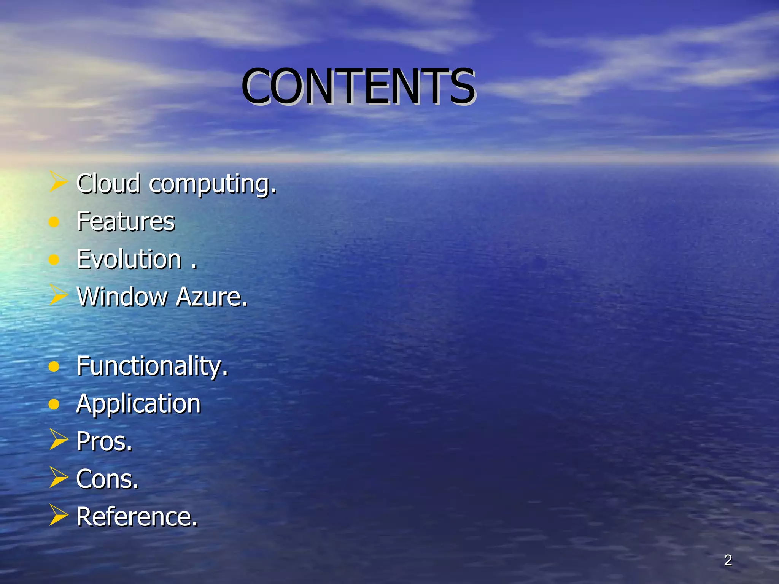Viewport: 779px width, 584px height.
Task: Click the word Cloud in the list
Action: tap(108, 183)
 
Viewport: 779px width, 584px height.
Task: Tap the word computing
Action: tap(213, 184)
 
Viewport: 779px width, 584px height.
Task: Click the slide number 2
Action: tap(728, 560)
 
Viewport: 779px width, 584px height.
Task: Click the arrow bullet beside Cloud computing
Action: tap(59, 181)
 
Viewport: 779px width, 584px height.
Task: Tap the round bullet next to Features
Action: tap(54, 222)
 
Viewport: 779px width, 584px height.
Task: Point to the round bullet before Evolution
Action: tap(54, 260)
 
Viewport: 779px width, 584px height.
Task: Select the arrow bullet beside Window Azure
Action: tap(59, 295)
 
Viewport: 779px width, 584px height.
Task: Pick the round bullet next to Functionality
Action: tap(54, 367)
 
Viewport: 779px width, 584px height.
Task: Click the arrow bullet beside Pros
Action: tap(59, 440)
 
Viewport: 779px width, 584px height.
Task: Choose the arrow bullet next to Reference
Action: tap(59, 515)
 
